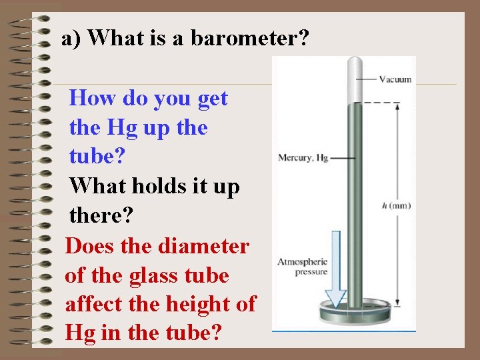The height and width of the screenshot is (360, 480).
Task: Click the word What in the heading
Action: (113, 38)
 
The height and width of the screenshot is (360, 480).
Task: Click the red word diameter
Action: (204, 245)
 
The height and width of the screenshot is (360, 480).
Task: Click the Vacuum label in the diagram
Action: (395, 79)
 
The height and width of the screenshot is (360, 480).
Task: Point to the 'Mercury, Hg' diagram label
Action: (303, 158)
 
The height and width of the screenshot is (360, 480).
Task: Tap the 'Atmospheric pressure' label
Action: (302, 267)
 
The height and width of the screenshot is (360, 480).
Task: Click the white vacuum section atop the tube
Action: (353, 77)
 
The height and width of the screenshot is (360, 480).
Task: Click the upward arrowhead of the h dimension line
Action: (397, 107)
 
